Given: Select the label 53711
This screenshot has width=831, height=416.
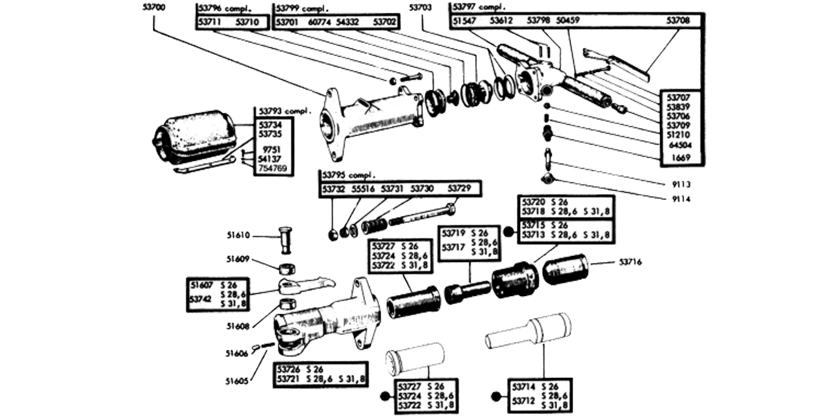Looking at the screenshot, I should click(x=209, y=22).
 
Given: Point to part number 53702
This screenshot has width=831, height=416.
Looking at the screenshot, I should click(x=385, y=22).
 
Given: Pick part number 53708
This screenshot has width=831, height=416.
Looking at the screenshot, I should click(x=678, y=21).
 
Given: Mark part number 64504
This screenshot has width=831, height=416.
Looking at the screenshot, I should click(x=681, y=146).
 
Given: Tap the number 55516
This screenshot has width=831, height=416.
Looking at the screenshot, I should click(x=363, y=189).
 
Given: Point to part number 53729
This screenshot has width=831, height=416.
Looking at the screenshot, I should click(x=458, y=189).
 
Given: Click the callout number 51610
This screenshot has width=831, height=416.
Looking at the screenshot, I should click(x=239, y=236).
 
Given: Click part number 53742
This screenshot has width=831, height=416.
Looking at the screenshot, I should click(x=202, y=299).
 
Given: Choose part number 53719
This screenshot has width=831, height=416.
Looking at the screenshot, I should click(x=456, y=234).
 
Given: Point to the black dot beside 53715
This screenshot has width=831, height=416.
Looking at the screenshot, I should click(x=508, y=230).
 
